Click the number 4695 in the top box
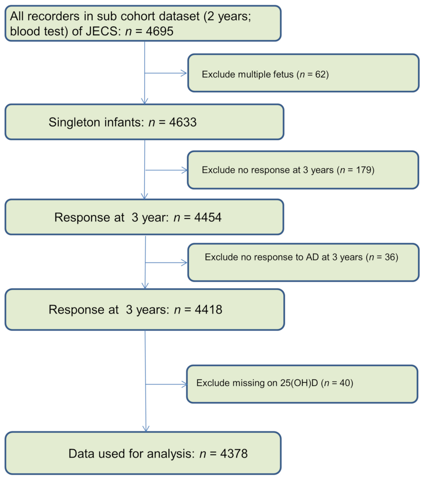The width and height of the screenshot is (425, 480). pyautogui.click(x=159, y=31)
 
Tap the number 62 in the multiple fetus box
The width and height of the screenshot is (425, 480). pyautogui.click(x=320, y=74)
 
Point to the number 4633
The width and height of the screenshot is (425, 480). pyautogui.click(x=183, y=122)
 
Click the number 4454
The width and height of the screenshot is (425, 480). pyautogui.click(x=208, y=217)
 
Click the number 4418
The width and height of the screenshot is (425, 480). pyautogui.click(x=208, y=310)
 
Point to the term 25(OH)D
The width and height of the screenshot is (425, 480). pyautogui.click(x=299, y=383)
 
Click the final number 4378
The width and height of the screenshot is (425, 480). pyautogui.click(x=234, y=454)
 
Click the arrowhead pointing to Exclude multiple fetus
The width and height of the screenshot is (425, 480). pyautogui.click(x=184, y=73)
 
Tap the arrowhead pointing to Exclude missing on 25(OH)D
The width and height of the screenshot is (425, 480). pyautogui.click(x=184, y=384)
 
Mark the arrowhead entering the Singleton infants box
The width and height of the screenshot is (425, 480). pyautogui.click(x=144, y=101)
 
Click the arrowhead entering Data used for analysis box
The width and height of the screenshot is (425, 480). pyautogui.click(x=146, y=429)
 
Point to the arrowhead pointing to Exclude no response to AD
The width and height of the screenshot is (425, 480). pyautogui.click(x=185, y=263)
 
